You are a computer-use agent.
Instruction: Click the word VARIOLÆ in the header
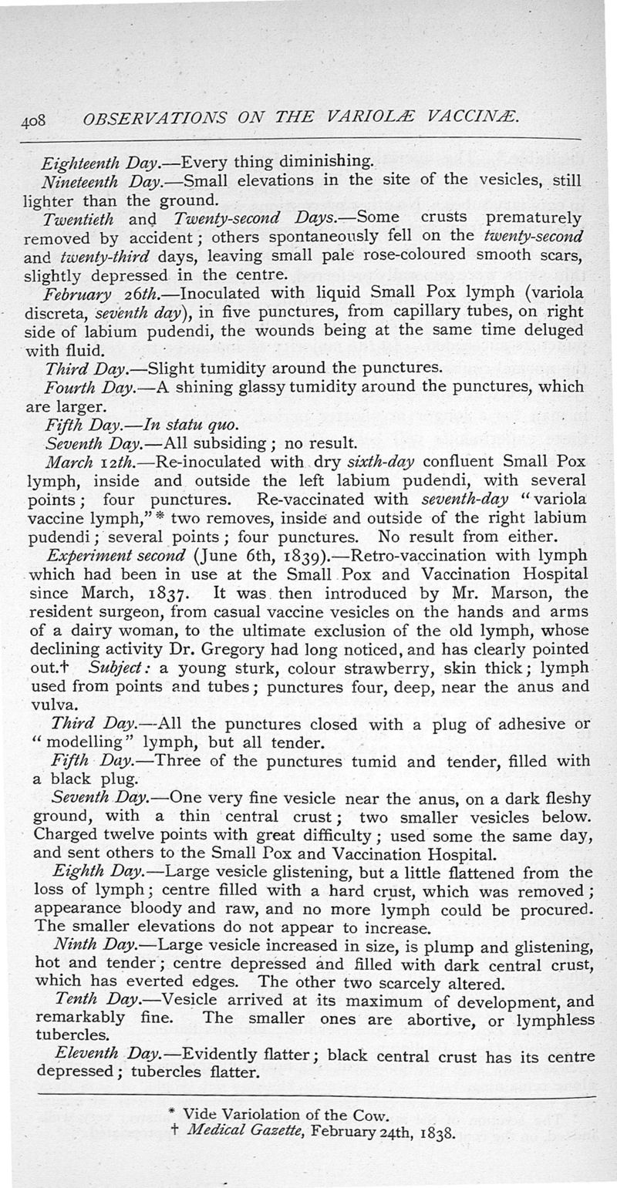pos(373,119)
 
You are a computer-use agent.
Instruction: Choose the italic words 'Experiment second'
pos(116,554)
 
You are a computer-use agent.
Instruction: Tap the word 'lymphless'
pos(555,1018)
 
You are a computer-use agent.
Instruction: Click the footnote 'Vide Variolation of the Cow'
pos(281,1116)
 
